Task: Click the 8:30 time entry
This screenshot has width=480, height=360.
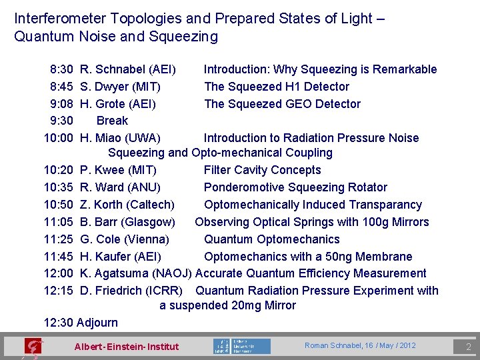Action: pyautogui.click(x=61, y=69)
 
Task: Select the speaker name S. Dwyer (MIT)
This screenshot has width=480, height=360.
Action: pyautogui.click(x=120, y=87)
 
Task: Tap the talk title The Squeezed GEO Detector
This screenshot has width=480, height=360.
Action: pyautogui.click(x=282, y=104)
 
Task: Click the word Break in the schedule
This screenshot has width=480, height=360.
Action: pyautogui.click(x=112, y=121)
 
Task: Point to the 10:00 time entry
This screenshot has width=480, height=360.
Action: pyautogui.click(x=58, y=138)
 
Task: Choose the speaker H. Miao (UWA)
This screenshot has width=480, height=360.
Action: pyautogui.click(x=120, y=138)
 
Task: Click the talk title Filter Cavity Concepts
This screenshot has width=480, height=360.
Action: pyautogui.click(x=262, y=170)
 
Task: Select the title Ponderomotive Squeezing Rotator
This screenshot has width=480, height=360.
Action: pyautogui.click(x=295, y=187)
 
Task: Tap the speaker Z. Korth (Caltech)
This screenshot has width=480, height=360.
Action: pyautogui.click(x=127, y=205)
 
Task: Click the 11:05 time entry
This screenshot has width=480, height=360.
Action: pyautogui.click(x=58, y=222)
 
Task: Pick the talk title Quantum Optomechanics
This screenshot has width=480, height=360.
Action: pyautogui.click(x=271, y=239)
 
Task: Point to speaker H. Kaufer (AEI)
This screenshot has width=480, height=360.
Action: pyautogui.click(x=120, y=257)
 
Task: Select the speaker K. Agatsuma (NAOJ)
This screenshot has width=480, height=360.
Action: pyautogui.click(x=136, y=273)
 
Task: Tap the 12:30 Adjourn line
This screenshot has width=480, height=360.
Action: pyautogui.click(x=81, y=323)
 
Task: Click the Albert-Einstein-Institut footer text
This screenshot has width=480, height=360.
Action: pyautogui.click(x=127, y=346)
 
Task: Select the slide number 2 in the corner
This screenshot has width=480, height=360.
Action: pyautogui.click(x=468, y=347)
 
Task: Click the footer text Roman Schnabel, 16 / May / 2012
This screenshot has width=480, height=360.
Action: pyautogui.click(x=360, y=345)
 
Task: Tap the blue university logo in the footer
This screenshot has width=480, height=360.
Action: pyautogui.click(x=241, y=346)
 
